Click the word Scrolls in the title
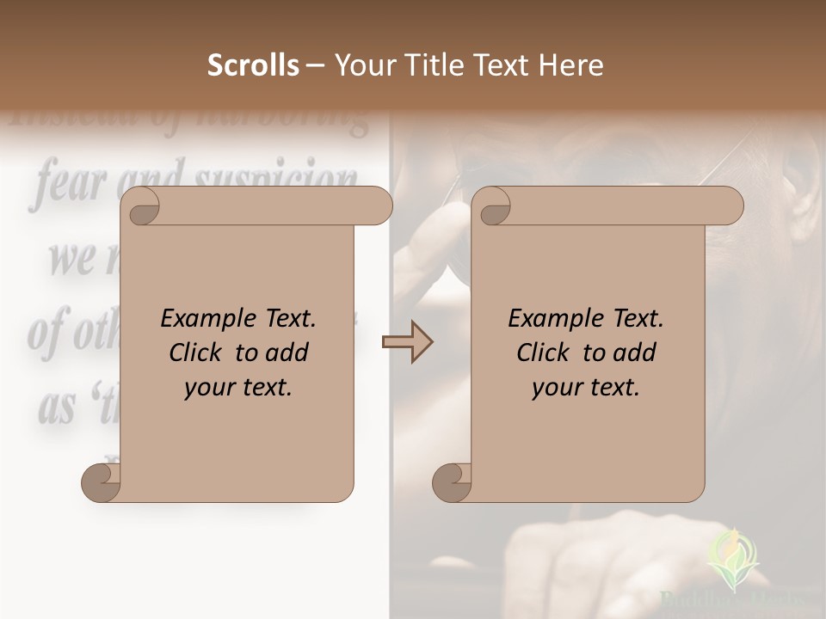(x=253, y=65)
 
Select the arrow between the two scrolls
(x=407, y=343)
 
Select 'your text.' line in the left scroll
(x=238, y=388)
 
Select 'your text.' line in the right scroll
(x=586, y=388)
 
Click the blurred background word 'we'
(x=71, y=258)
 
